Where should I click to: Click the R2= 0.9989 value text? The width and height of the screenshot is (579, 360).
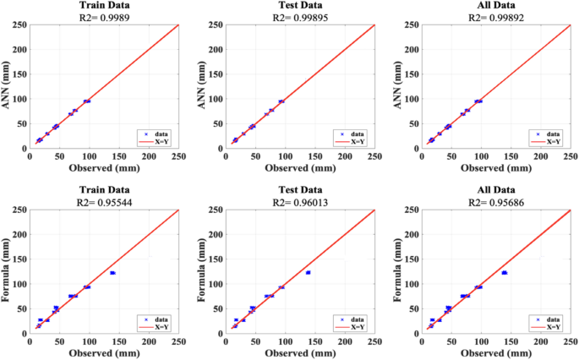(105, 18)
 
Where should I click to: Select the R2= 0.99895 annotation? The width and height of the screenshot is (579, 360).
(300, 18)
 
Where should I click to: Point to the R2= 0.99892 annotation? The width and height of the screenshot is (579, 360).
(496, 18)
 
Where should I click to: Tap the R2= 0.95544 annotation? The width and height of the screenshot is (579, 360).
(105, 202)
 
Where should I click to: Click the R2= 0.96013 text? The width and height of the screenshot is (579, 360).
(300, 202)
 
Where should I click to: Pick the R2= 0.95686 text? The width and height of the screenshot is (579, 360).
(496, 202)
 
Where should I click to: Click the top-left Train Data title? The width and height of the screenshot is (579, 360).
(105, 5)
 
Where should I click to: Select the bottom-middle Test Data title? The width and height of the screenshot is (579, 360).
(300, 190)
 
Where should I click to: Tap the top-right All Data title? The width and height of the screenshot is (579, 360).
(496, 5)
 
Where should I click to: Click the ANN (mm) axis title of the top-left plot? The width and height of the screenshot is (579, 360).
(6, 85)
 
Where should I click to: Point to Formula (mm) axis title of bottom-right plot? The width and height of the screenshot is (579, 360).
(397, 270)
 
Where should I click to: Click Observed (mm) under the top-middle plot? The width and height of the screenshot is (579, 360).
(300, 168)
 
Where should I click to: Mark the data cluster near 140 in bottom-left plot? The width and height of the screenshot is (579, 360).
(113, 273)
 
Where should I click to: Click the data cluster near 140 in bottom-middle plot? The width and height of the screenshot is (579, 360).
(309, 272)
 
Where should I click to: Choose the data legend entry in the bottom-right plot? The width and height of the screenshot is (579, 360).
(546, 319)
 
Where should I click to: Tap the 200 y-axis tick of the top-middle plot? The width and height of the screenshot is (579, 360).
(216, 50)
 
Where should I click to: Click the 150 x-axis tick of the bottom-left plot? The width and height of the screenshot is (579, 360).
(119, 341)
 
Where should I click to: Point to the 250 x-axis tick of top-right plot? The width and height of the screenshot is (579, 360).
(571, 156)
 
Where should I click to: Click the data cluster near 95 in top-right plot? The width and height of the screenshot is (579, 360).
(478, 101)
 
